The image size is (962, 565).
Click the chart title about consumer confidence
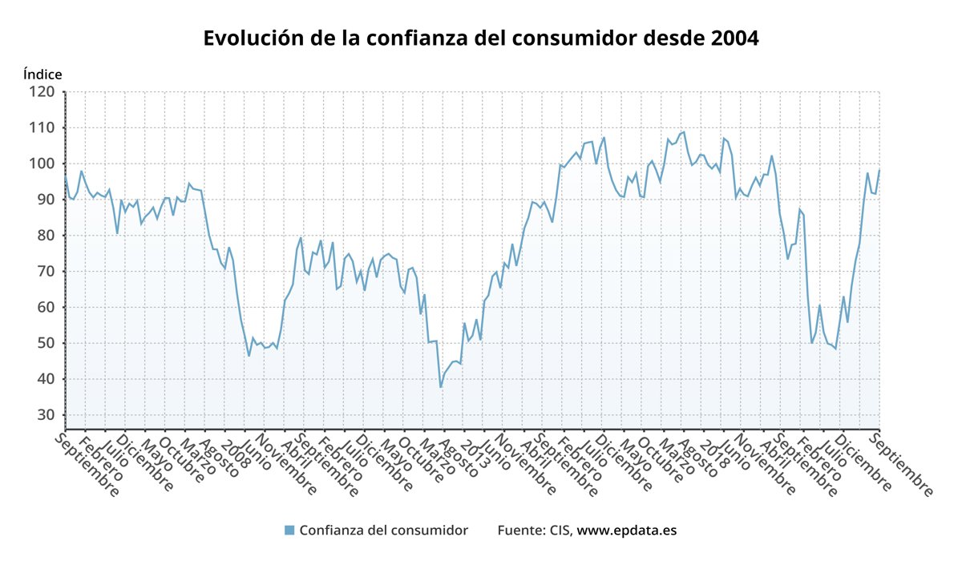click(480, 38)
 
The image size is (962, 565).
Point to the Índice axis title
click(42, 75)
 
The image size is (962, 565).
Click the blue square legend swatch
click(289, 531)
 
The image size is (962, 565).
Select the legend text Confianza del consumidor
click(383, 531)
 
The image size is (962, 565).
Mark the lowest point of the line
click(440, 387)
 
